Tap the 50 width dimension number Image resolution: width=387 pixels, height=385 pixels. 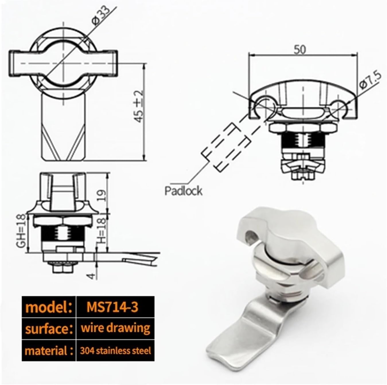[300, 50]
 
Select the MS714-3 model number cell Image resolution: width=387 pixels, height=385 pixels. [112, 307]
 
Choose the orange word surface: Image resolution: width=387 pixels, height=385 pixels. [48, 329]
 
